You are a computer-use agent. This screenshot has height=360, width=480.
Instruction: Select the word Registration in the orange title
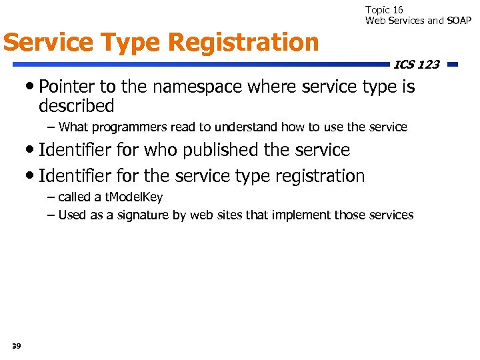[244, 43]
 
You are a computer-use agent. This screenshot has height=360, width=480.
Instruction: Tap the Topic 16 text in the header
[384, 10]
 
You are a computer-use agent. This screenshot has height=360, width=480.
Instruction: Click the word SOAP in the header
[459, 21]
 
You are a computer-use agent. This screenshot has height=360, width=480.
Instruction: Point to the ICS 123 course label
[416, 65]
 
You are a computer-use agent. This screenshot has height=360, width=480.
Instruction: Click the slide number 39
[16, 345]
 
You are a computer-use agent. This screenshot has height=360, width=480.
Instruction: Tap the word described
[77, 106]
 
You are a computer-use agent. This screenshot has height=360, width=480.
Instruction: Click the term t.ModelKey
[133, 197]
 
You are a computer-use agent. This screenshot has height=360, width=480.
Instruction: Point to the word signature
[145, 215]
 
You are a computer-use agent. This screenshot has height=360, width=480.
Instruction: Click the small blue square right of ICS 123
[452, 65]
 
